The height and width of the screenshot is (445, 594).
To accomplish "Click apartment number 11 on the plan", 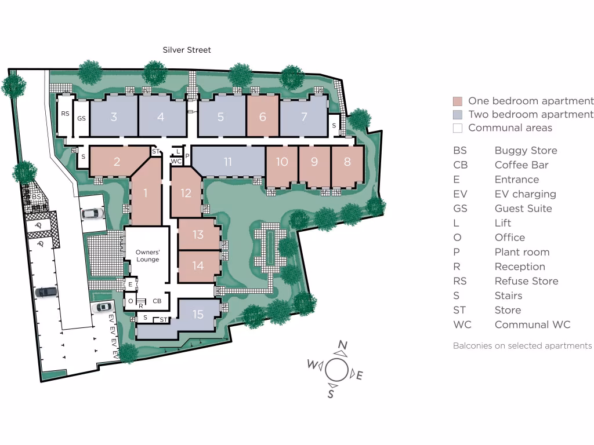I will pyautogui.click(x=228, y=162).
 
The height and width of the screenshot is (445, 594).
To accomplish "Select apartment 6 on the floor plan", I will pyautogui.click(x=263, y=116).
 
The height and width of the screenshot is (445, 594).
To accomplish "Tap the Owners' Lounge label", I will pyautogui.click(x=147, y=256).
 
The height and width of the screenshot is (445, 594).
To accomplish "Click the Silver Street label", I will pyautogui.click(x=187, y=50).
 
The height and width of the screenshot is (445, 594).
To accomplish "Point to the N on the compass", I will pyautogui.click(x=343, y=347).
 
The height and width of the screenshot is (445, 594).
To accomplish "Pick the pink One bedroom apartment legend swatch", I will pyautogui.click(x=458, y=101).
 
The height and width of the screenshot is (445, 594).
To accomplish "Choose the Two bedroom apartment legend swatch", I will pyautogui.click(x=458, y=114).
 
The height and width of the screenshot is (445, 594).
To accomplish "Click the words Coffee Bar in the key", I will pyautogui.click(x=521, y=165).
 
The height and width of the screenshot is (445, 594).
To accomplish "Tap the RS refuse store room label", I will pyautogui.click(x=65, y=114).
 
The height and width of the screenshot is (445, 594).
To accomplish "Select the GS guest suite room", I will pyautogui.click(x=81, y=118).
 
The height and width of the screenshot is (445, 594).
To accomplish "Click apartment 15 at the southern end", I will pyautogui.click(x=198, y=314).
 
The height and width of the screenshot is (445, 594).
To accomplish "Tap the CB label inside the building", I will pyautogui.click(x=157, y=301).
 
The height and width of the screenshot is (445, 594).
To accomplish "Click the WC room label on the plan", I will pyautogui.click(x=176, y=161).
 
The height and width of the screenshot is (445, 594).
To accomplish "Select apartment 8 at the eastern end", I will pyautogui.click(x=347, y=162).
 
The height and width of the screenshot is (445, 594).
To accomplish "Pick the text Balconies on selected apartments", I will pyautogui.click(x=522, y=345).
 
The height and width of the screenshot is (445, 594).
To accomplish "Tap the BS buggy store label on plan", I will pyautogui.click(x=36, y=197).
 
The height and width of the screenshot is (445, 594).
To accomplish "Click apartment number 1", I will pyautogui.click(x=146, y=193).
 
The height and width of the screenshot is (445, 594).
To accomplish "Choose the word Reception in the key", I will pyautogui.click(x=519, y=267).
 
